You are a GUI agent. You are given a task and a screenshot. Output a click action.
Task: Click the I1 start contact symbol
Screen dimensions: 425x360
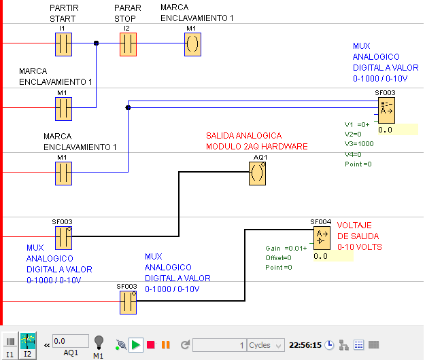[x=63, y=44]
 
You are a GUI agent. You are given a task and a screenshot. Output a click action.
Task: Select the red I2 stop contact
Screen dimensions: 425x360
[x=128, y=44]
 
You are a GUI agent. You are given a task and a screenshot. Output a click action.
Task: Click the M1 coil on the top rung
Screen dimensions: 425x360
[x=192, y=44]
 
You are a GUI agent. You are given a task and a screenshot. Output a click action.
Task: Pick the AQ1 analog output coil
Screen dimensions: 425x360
[x=257, y=173]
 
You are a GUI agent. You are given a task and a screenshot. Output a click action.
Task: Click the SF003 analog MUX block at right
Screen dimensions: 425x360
[x=386, y=110]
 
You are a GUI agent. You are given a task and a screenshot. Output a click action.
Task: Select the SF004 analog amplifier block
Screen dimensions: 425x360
[x=322, y=238]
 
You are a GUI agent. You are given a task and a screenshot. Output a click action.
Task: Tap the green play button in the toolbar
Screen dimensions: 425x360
[x=136, y=345]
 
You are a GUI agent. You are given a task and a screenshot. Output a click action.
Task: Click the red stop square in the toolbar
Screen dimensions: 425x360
[x=151, y=345]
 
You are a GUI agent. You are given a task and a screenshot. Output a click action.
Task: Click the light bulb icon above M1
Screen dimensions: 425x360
[x=99, y=342]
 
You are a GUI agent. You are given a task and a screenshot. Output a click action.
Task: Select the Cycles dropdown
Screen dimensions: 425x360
[x=266, y=345]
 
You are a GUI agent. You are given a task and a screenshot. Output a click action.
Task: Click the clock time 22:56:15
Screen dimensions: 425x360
[x=305, y=345]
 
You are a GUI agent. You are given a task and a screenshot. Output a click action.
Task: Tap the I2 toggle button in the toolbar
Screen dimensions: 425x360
[x=28, y=346]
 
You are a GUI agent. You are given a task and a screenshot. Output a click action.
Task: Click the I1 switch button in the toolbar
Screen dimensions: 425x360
[x=10, y=346]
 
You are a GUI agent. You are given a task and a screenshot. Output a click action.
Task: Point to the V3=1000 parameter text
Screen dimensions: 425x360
[x=359, y=144]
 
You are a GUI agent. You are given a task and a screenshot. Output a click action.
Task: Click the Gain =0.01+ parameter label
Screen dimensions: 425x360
[x=286, y=248]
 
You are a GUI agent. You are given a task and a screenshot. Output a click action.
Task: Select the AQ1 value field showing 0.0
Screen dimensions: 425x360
[x=71, y=341]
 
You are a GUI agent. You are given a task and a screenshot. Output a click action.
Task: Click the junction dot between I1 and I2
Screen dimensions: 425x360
[x=97, y=43]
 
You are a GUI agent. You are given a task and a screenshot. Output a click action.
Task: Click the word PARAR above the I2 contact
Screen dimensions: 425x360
[x=128, y=8]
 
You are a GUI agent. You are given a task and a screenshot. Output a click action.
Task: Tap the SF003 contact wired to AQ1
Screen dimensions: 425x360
[x=63, y=238]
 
